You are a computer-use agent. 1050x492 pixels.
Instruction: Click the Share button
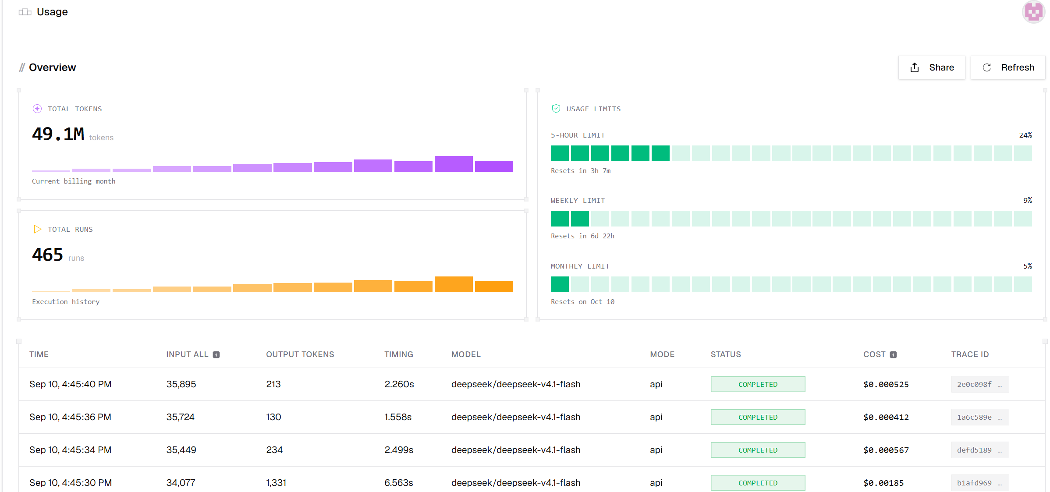tap(931, 67)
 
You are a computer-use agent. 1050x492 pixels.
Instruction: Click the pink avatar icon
tap(1034, 12)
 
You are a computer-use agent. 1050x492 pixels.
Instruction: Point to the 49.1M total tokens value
tap(58, 134)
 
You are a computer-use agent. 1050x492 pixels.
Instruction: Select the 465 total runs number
tap(47, 255)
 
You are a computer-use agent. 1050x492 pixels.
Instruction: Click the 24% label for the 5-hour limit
tap(1025, 135)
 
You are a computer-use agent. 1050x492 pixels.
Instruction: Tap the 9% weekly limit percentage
tap(1028, 200)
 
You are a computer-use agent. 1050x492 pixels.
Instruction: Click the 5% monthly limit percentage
tap(1028, 266)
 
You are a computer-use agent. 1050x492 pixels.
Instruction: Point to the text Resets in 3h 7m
tap(581, 171)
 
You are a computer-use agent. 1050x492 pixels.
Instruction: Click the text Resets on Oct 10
tap(582, 302)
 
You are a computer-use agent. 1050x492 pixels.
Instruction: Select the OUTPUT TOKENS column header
tap(300, 354)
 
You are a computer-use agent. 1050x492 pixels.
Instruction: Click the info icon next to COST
tap(893, 354)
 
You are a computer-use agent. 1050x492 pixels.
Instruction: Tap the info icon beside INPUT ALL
tap(216, 354)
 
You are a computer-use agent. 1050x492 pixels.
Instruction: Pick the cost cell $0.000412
tap(886, 417)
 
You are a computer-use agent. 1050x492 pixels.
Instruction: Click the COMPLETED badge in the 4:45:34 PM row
tap(758, 450)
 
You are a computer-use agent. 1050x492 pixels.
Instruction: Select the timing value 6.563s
tap(399, 483)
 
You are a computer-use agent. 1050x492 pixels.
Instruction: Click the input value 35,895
tap(181, 384)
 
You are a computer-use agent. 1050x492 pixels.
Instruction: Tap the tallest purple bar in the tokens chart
tap(454, 164)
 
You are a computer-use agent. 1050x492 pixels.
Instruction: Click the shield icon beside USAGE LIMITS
tap(556, 109)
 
